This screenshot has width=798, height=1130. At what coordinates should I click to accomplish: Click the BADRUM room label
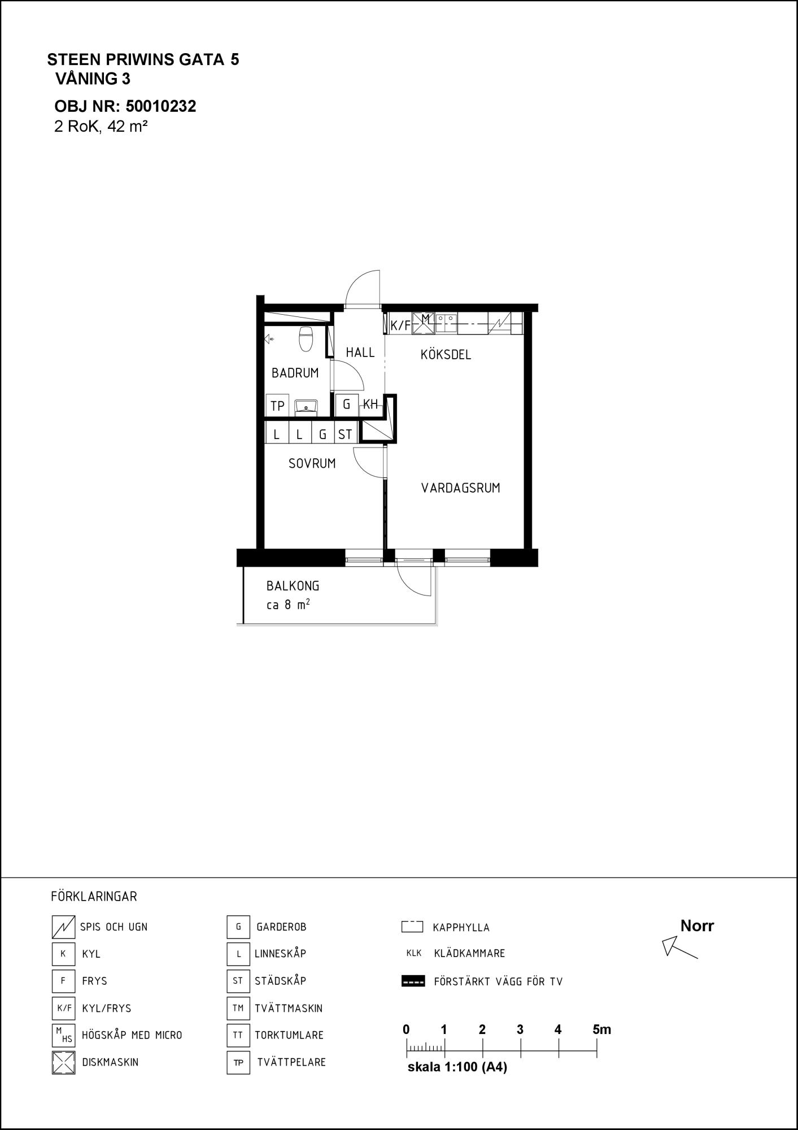pyautogui.click(x=295, y=373)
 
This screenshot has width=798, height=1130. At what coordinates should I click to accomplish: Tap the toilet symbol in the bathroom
pyautogui.click(x=306, y=338)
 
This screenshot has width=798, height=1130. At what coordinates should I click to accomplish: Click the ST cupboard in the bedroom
pyautogui.click(x=345, y=434)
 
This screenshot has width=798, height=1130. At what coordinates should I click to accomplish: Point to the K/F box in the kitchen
pyautogui.click(x=400, y=325)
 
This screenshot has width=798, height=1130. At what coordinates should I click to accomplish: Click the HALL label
pyautogui.click(x=360, y=353)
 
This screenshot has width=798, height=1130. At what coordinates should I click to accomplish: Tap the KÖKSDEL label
pyautogui.click(x=446, y=355)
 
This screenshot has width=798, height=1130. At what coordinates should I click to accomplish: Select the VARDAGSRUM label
pyautogui.click(x=461, y=488)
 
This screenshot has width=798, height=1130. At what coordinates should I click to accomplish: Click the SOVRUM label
pyautogui.click(x=312, y=464)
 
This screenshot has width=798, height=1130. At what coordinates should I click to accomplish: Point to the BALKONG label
pyautogui.click(x=293, y=586)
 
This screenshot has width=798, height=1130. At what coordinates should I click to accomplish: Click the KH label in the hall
pyautogui.click(x=370, y=405)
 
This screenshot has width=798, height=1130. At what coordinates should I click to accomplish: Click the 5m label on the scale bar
pyautogui.click(x=602, y=1029)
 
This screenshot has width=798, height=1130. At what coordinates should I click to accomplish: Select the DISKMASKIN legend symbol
pyautogui.click(x=63, y=1062)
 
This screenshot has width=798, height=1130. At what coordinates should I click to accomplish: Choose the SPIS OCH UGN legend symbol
pyautogui.click(x=63, y=927)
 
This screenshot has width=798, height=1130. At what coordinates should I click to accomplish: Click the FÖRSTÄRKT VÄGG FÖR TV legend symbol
pyautogui.click(x=413, y=981)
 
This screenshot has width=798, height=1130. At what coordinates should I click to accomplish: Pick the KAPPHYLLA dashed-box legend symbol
pyautogui.click(x=412, y=927)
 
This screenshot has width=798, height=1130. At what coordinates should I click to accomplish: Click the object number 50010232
pyautogui.click(x=161, y=106)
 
